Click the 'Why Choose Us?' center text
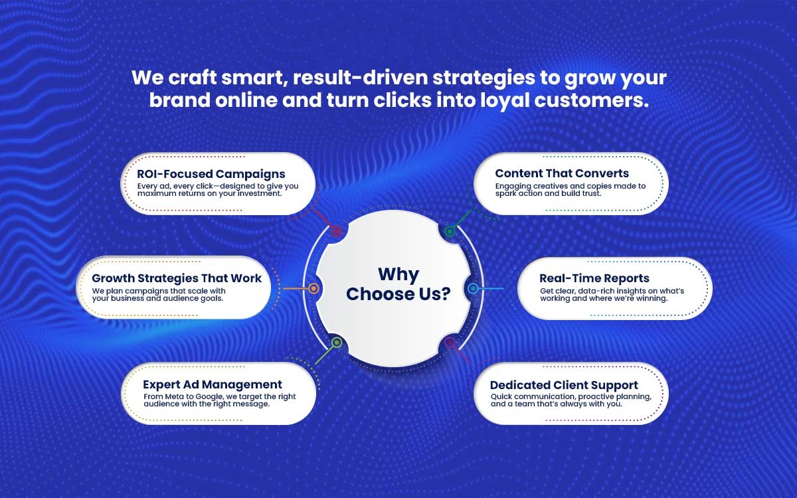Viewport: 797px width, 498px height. [398, 284]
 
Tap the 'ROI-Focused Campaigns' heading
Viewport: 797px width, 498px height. [211, 174]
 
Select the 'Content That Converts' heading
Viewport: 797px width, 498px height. [562, 173]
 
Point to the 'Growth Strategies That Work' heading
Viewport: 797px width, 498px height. [177, 278]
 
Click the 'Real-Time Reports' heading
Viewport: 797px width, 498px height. [594, 278]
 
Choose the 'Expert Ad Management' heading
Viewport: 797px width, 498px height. [213, 384]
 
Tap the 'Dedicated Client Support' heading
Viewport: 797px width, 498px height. [564, 385]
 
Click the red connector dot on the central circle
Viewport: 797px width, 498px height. [336, 232]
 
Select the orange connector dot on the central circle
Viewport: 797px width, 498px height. [313, 288]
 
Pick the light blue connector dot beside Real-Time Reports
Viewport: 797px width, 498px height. [473, 288]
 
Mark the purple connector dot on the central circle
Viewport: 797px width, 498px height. [450, 343]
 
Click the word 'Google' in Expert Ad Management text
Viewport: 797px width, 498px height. [210, 396]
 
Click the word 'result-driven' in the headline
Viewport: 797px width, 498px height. [360, 78]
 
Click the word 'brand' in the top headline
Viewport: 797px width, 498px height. [180, 100]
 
